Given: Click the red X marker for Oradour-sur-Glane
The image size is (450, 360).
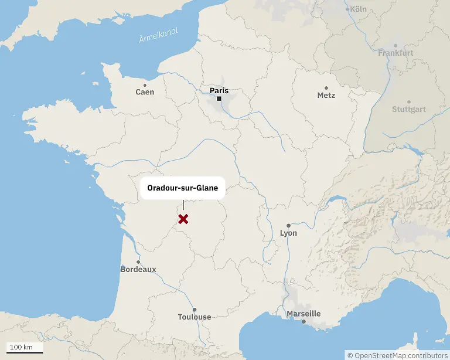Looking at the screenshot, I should click(183, 219).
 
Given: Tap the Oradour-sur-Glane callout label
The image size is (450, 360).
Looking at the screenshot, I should click(182, 189).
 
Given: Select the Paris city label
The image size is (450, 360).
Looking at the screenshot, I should click(219, 91).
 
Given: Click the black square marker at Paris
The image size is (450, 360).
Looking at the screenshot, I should click(219, 99).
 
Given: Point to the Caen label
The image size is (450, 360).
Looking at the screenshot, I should click(145, 92).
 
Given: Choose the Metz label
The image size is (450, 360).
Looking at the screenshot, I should click(326, 95).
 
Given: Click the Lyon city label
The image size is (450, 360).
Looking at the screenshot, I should click(288, 233).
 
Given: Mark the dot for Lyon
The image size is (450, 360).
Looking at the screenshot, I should click(288, 225).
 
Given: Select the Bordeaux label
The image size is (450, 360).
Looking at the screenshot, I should click(138, 270).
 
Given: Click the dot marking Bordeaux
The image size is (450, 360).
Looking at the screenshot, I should click(138, 262).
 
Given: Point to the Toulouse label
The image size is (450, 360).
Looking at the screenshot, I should click(195, 317).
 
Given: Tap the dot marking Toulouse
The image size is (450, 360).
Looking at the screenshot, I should click(195, 310).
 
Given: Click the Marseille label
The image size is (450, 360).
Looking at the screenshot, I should click(304, 314).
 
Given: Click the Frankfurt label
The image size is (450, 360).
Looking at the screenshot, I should click(396, 53).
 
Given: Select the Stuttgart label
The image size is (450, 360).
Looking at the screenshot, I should click(409, 110).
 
